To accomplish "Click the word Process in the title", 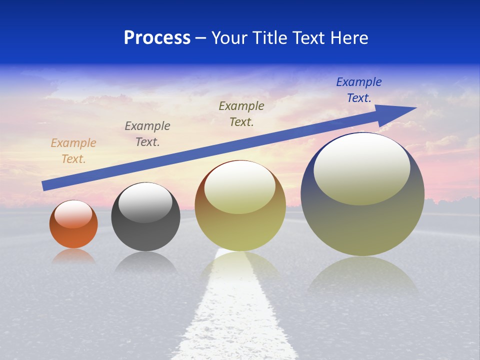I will coord(157,38).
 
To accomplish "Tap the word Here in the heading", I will coord(349,38).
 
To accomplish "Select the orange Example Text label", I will coord(73,151).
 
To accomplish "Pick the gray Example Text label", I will coord(147,134).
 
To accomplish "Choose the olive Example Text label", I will coord(241,114).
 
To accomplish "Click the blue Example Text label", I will coord(359,90).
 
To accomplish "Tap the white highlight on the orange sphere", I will coord(73,214).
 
